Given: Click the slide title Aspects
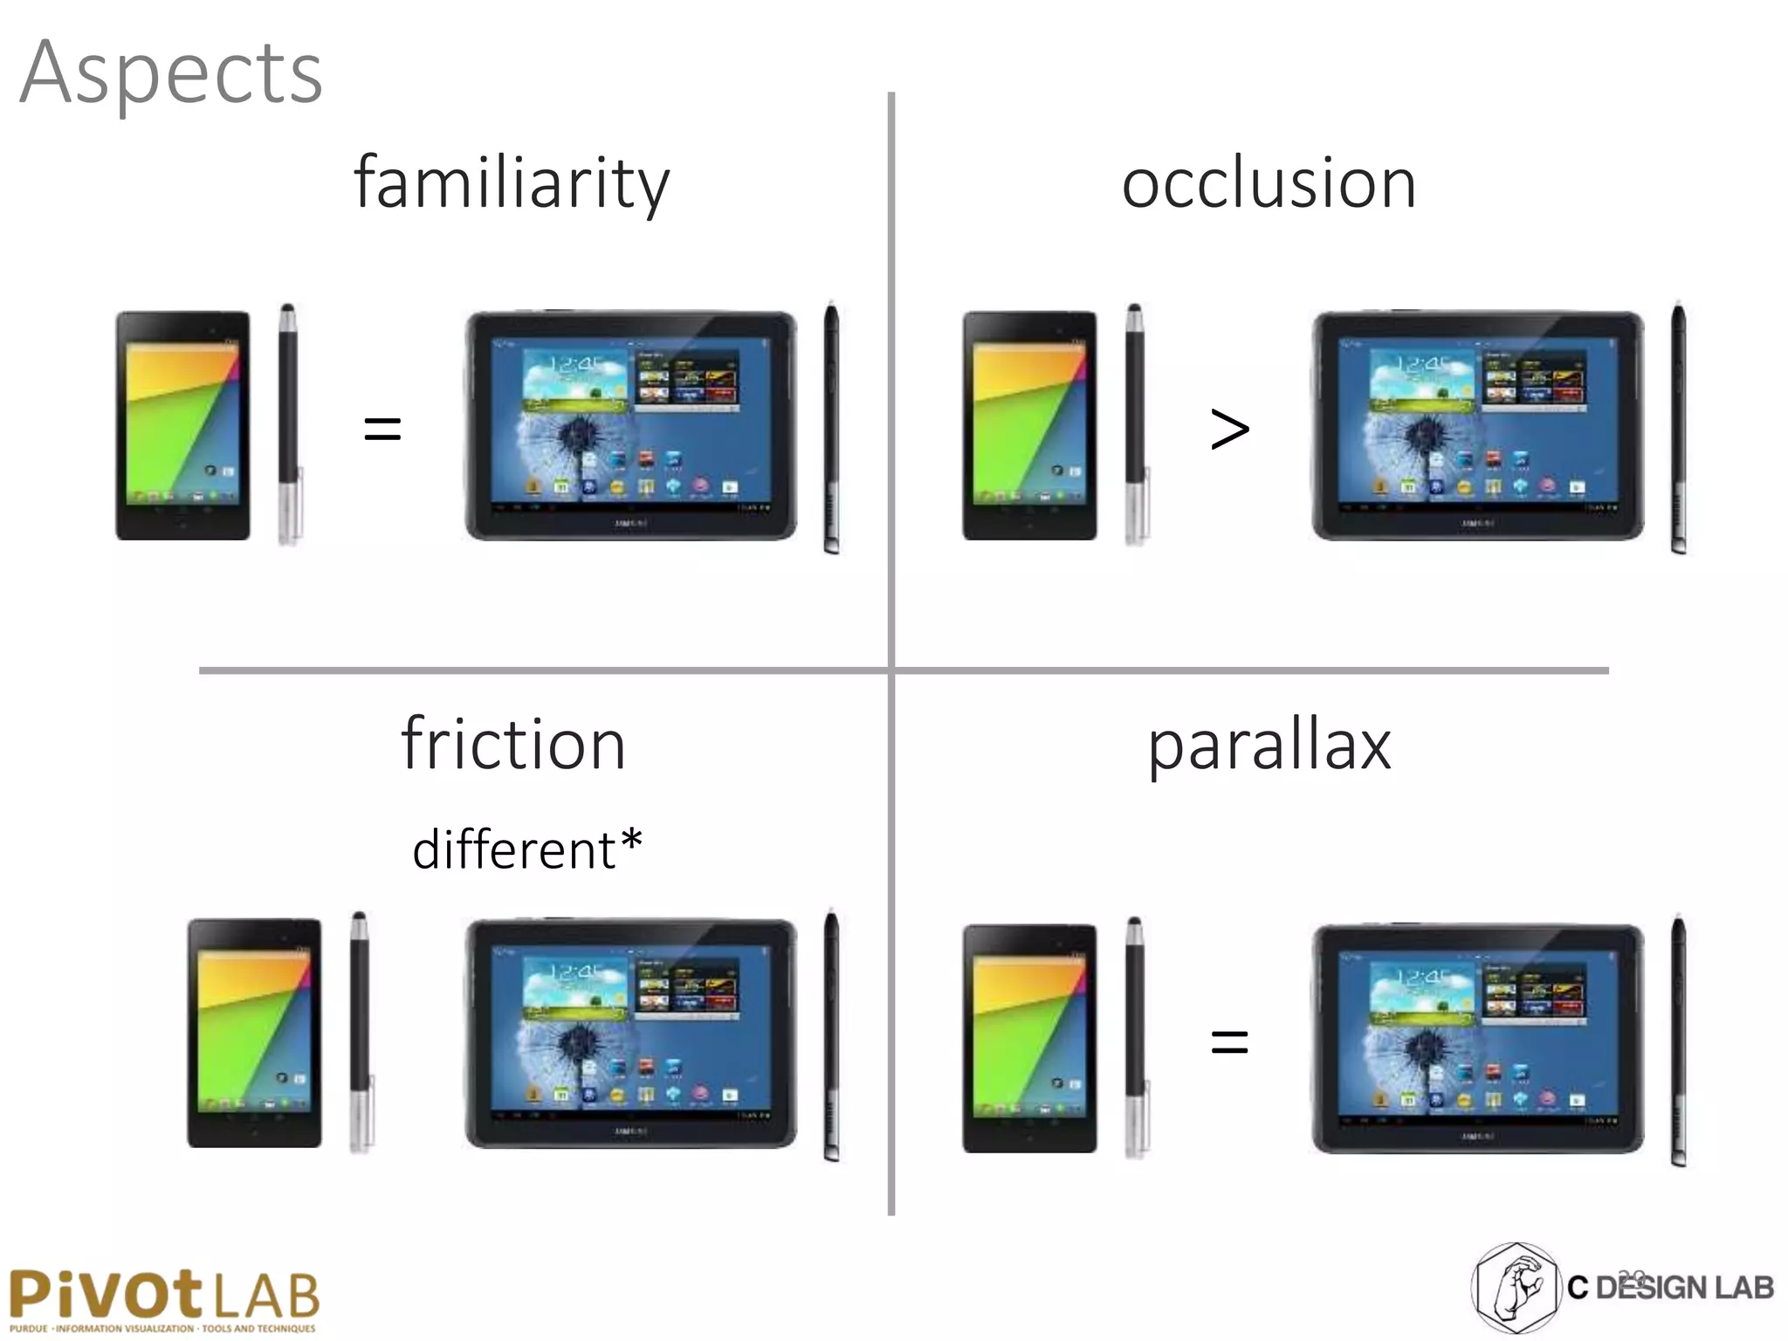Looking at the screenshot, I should coord(171,73).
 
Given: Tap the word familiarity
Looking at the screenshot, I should coord(512,183).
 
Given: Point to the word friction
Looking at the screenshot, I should coord(513,745).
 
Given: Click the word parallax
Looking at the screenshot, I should coord(1269,746).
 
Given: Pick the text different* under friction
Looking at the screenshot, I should coord(526,849).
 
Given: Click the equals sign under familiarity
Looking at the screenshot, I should coord(382,429).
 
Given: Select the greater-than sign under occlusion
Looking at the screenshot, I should coord(1229,429).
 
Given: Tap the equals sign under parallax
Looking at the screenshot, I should coord(1229,1041).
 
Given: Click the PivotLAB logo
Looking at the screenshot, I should coord(164,1299).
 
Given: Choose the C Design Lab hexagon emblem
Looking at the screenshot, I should coord(1516,1288).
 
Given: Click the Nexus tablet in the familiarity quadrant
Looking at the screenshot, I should coord(182,426).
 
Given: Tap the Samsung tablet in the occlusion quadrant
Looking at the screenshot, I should coord(1477,426).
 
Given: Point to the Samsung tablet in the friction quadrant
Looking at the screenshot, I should coord(630,1034).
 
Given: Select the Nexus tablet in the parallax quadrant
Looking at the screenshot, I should coord(1029,1039).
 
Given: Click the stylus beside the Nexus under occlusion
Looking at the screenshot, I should coord(1136,425).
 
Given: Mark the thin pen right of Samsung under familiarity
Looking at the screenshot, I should coord(831,428).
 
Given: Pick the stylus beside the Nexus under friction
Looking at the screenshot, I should coord(361,1032).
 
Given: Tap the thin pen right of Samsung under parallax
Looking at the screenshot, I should coord(1678,1041).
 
